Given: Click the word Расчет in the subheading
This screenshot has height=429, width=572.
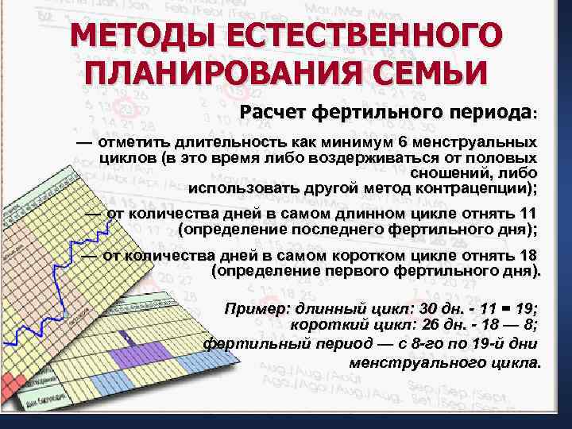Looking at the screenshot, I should [273, 112].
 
